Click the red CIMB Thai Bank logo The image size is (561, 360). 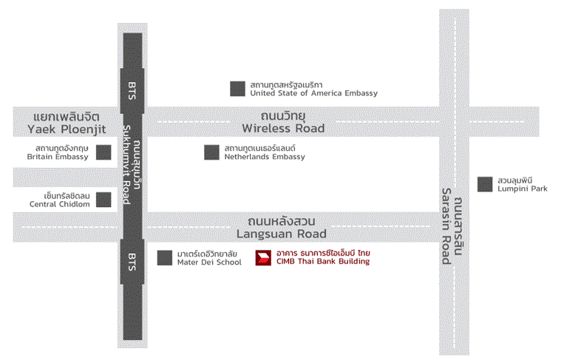click(x=263, y=258)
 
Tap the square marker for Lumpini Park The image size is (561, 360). click(x=485, y=184)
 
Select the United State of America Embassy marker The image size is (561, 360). click(x=237, y=89)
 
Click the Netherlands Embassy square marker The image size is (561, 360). click(x=212, y=152)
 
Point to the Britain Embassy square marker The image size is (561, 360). click(x=103, y=152)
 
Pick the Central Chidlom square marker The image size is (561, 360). click(x=103, y=200)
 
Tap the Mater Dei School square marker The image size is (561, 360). click(x=165, y=258)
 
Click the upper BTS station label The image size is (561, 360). click(x=132, y=91)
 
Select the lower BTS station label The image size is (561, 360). click(x=132, y=262)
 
